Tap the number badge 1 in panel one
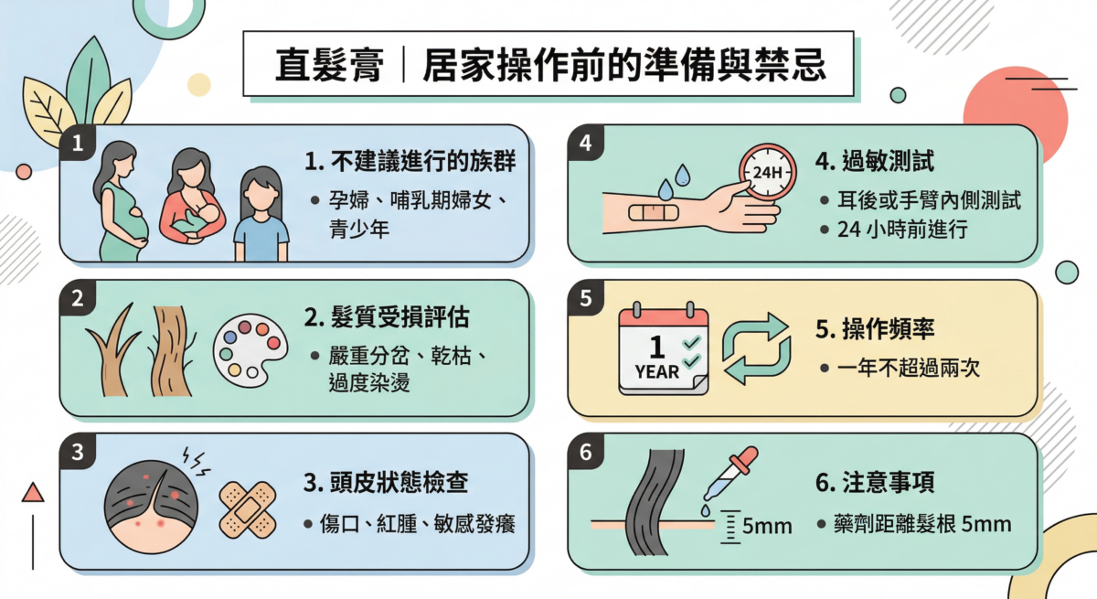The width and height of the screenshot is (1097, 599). tap(78, 144)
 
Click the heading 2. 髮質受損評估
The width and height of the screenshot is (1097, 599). tap(387, 317)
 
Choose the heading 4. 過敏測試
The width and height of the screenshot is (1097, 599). tap(874, 162)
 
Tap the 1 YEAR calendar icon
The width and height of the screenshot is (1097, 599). tap(664, 351)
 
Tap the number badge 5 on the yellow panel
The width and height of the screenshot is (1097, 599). tap(586, 298)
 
